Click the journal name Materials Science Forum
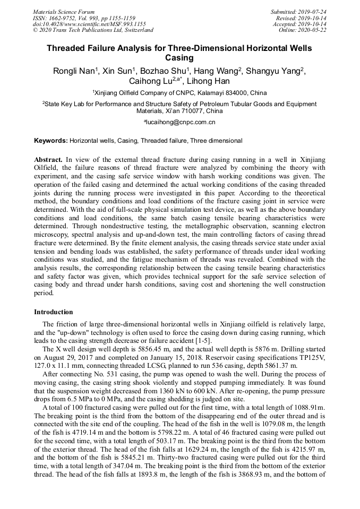click(64, 12)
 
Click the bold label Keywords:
click(51, 141)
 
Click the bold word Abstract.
click(48, 159)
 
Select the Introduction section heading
click(54, 312)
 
